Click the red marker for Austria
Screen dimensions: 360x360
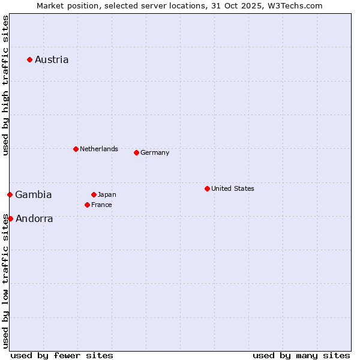pyautogui.click(x=29, y=59)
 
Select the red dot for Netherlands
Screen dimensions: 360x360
pyautogui.click(x=76, y=149)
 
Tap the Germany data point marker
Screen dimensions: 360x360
pyautogui.click(x=136, y=152)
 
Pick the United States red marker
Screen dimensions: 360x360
pyautogui.click(x=207, y=188)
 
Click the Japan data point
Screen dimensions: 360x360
pyautogui.click(x=94, y=194)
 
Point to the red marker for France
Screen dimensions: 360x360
pyautogui.click(x=87, y=205)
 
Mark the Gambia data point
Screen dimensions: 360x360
pyautogui.click(x=10, y=194)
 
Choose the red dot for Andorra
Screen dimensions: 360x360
pyautogui.click(x=10, y=218)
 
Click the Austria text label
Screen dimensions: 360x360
pyautogui.click(x=52, y=59)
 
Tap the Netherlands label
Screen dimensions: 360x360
pyautogui.click(x=99, y=149)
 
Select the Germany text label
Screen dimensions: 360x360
pyautogui.click(x=155, y=152)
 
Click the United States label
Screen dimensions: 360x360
pyautogui.click(x=233, y=188)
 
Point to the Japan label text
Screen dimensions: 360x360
pyautogui.click(x=107, y=194)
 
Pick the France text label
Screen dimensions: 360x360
pyautogui.click(x=101, y=205)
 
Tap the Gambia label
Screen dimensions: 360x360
pyautogui.click(x=34, y=194)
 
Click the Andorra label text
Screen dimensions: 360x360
pyautogui.click(x=34, y=218)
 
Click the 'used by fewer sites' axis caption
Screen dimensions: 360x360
pyautogui.click(x=62, y=355)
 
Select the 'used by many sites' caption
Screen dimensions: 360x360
pyautogui.click(x=301, y=355)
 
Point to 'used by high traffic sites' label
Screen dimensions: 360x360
pyautogui.click(x=5, y=85)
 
